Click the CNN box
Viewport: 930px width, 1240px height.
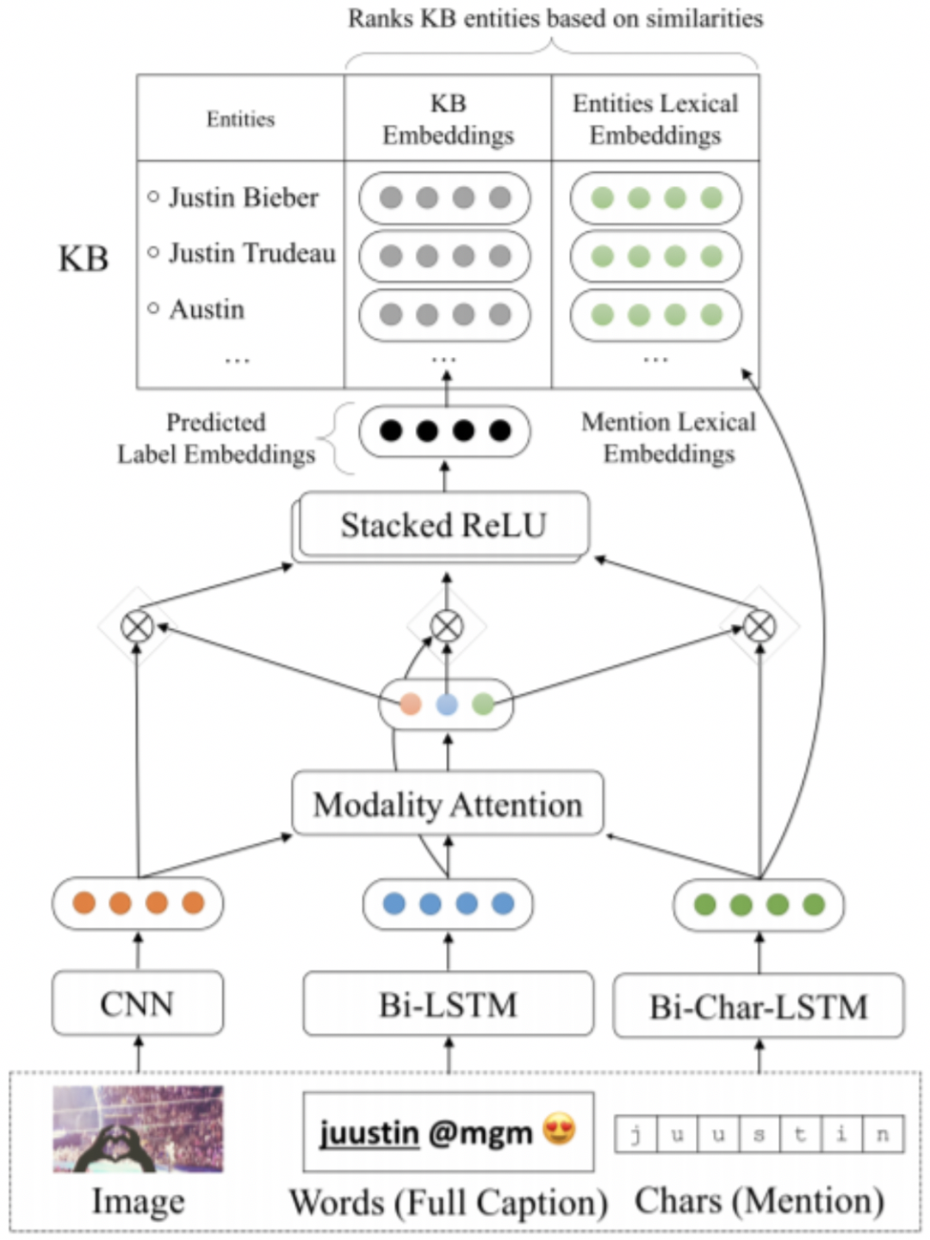(x=138, y=1003)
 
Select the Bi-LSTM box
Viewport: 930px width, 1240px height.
(x=448, y=1004)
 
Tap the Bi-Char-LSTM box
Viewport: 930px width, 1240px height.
(x=759, y=1006)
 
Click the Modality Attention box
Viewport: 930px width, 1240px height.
(x=448, y=805)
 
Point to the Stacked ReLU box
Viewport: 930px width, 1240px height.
(x=443, y=525)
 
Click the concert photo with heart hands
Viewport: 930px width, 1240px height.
(x=138, y=1129)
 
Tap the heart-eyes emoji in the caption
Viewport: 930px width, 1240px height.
(x=559, y=1129)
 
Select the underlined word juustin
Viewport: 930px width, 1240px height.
(x=369, y=1132)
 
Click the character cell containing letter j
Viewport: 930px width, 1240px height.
(x=635, y=1134)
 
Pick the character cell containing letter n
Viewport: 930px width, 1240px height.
(x=882, y=1134)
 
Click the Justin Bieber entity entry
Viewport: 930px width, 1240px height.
(x=243, y=198)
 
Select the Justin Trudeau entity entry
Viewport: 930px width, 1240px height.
(x=251, y=253)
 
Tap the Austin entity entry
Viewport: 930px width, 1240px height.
(x=207, y=309)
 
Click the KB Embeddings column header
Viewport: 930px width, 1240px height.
(x=448, y=119)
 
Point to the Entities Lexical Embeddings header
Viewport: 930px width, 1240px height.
(x=655, y=119)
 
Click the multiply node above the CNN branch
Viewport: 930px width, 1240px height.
(x=138, y=626)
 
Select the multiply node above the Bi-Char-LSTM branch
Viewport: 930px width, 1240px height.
(x=759, y=626)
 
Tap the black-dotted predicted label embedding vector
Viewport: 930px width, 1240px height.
(x=444, y=430)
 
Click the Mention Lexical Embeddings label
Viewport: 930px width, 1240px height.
(x=669, y=437)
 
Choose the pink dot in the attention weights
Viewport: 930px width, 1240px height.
(x=411, y=705)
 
